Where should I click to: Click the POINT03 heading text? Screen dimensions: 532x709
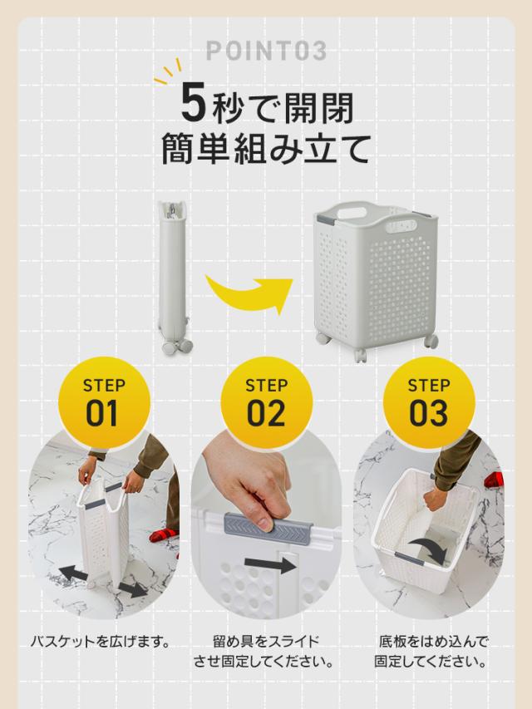click(x=266, y=50)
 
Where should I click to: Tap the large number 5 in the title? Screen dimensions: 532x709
click(x=194, y=104)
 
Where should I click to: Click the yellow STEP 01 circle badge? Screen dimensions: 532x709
click(x=104, y=403)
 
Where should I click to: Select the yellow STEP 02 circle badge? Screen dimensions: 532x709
click(x=267, y=403)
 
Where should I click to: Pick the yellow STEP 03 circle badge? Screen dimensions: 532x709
click(x=429, y=403)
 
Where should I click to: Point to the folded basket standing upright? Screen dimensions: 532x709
click(x=174, y=277)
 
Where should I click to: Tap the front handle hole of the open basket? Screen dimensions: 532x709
click(x=401, y=225)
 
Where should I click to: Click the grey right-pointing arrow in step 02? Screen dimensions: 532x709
click(x=270, y=564)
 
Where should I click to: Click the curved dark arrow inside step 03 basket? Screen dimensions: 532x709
click(x=431, y=548)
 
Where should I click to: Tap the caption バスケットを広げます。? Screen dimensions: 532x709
click(x=100, y=641)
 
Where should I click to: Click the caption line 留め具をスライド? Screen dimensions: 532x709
click(x=266, y=641)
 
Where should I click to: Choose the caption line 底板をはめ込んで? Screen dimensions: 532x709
click(x=433, y=641)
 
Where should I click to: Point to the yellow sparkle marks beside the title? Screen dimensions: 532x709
click(x=167, y=72)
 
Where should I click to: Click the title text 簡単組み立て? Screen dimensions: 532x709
click(x=266, y=148)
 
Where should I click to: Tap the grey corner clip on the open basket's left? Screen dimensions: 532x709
click(x=323, y=219)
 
